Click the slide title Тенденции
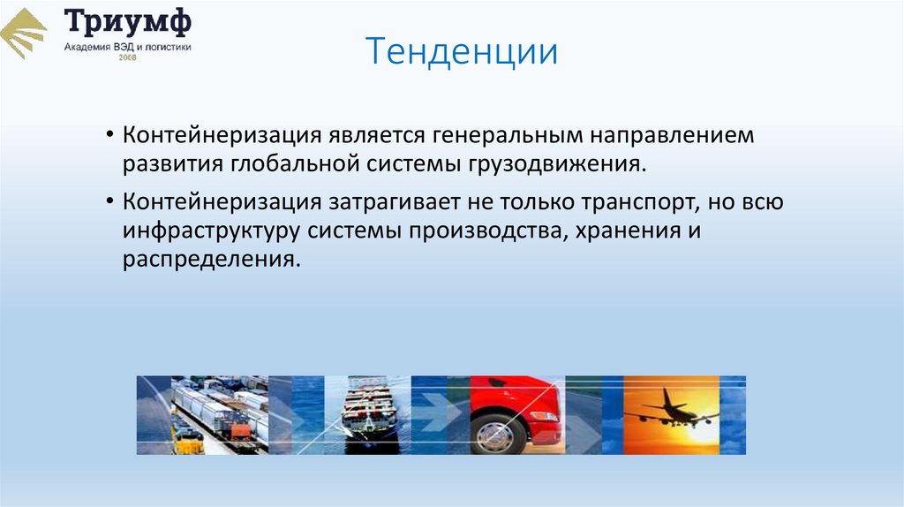pos(462,52)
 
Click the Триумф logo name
pos(127,21)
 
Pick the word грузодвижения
pos(553,164)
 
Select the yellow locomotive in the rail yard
pos(188,439)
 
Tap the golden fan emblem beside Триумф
pos(24,34)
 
